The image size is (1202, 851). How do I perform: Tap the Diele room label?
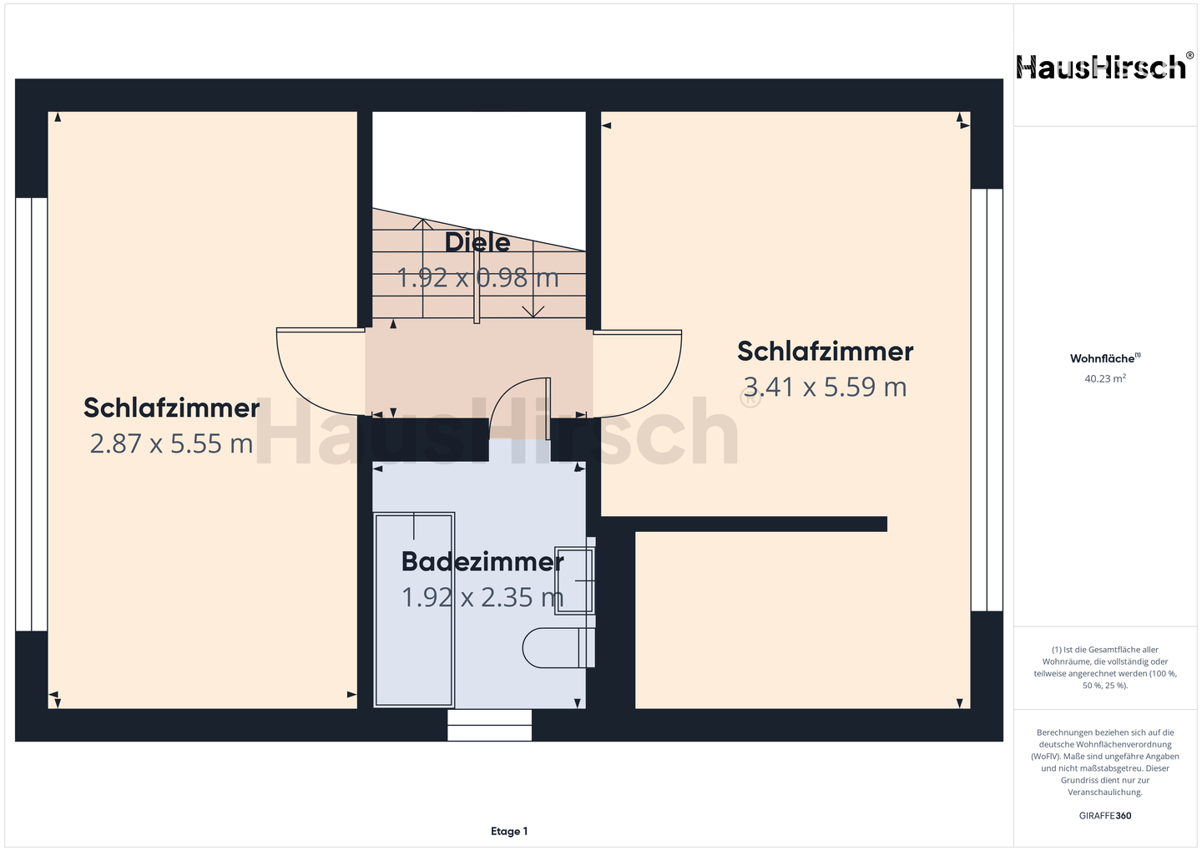(477, 242)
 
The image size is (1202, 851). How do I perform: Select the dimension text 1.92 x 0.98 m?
(477, 277)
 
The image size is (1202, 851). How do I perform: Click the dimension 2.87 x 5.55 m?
(171, 443)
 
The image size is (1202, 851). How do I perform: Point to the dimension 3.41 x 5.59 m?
(825, 387)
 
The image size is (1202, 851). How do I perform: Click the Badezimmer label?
(482, 561)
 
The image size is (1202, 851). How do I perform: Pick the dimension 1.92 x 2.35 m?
(482, 597)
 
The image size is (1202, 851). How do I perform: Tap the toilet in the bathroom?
(558, 648)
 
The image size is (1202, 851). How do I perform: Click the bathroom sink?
(574, 580)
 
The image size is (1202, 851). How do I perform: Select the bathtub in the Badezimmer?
(414, 610)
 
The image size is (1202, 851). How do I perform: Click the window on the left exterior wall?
(31, 414)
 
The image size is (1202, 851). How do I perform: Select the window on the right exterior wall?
(987, 399)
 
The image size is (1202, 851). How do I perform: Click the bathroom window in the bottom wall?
(489, 726)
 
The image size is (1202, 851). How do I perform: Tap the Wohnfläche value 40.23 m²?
(1105, 378)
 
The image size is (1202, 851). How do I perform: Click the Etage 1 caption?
(509, 831)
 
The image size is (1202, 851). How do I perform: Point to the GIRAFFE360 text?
(1105, 816)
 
